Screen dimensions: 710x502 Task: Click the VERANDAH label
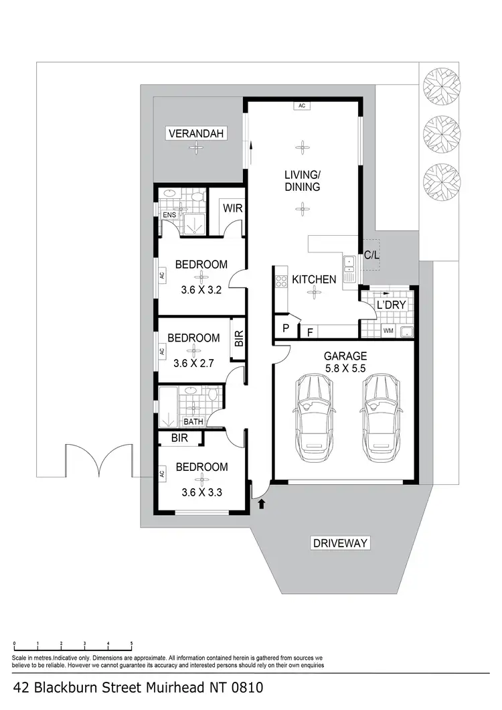point(196,133)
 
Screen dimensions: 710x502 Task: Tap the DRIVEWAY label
point(341,543)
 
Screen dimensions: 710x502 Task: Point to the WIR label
point(232,208)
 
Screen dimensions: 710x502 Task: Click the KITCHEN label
point(313,279)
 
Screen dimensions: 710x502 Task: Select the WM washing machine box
point(388,331)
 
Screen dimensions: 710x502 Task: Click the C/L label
point(371,255)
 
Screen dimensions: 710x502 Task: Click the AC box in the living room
point(303,105)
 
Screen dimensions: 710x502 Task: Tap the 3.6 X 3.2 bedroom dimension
point(201,291)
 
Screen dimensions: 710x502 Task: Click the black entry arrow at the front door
point(262,503)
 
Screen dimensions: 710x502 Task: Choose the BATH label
point(193,422)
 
